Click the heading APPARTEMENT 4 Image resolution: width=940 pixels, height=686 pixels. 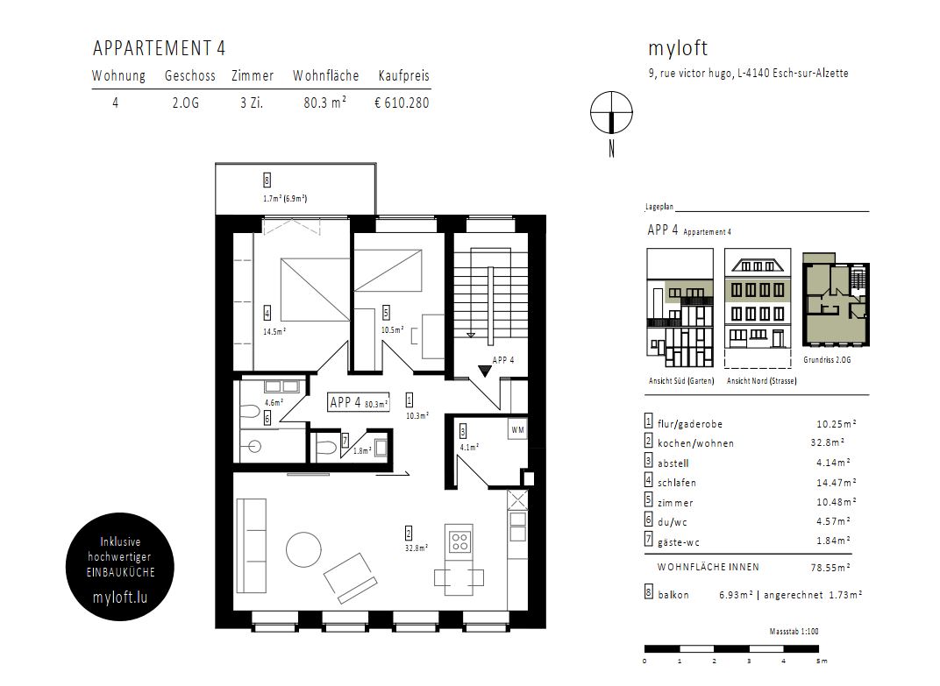(x=159, y=48)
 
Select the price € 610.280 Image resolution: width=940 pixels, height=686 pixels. (x=402, y=103)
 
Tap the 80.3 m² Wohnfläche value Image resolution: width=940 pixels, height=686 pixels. (x=325, y=103)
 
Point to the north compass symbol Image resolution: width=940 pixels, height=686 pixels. (x=611, y=113)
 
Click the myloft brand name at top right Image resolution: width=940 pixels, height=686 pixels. (x=678, y=48)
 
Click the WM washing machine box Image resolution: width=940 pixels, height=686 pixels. (x=517, y=430)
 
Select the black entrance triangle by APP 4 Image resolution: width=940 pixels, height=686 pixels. (x=484, y=371)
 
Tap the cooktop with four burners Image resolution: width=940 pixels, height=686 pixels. (x=459, y=541)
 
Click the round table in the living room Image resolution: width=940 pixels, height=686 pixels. (x=303, y=550)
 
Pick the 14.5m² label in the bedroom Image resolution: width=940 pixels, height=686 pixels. (x=274, y=331)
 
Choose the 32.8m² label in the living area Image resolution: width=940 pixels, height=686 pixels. (x=416, y=548)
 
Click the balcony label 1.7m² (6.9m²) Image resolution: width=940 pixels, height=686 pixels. (x=285, y=198)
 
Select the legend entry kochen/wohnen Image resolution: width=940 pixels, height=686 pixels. (x=695, y=443)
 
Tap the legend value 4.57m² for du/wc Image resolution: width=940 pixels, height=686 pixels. (x=833, y=521)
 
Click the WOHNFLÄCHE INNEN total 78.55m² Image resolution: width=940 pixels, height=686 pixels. (x=830, y=568)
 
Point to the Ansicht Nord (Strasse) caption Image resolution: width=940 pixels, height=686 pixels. (x=761, y=381)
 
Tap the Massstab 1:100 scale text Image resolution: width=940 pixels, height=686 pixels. (x=794, y=632)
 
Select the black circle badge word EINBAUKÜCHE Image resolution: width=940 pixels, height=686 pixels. (x=120, y=572)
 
